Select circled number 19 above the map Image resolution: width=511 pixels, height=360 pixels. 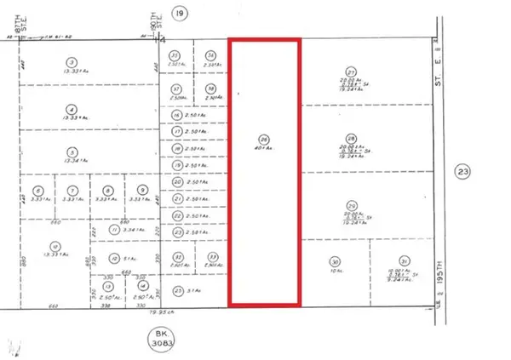click(178, 13)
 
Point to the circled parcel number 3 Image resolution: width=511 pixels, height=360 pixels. click(72, 62)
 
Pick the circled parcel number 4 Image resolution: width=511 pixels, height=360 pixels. click(72, 108)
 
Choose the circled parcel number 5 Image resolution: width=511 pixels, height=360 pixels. click(72, 153)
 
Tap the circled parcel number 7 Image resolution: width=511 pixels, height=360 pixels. click(73, 190)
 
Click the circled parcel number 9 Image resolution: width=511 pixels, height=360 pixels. click(142, 190)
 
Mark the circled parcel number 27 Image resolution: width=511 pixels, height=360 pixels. click(349, 73)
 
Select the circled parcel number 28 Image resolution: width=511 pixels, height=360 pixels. click(349, 138)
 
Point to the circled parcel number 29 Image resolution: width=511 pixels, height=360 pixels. click(352, 204)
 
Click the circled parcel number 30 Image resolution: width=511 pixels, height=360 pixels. click(335, 261)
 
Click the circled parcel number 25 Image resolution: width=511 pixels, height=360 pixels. click(176, 291)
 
